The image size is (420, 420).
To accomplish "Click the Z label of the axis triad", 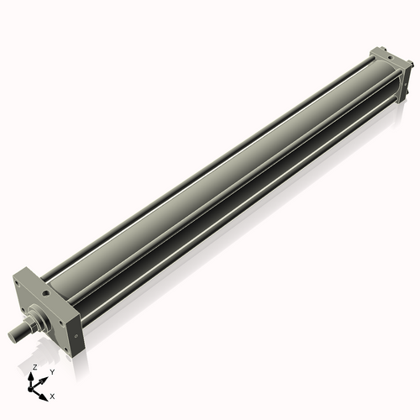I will (x=34, y=368).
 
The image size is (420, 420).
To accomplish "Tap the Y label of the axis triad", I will (x=51, y=371).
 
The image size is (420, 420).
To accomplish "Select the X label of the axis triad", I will (x=52, y=395).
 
